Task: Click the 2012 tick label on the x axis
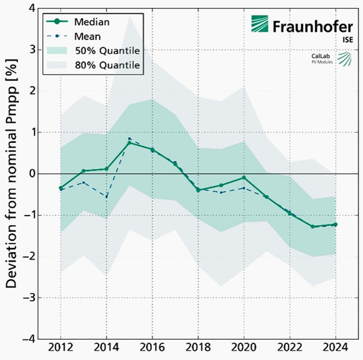point(61,349)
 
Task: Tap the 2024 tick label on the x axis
point(335,349)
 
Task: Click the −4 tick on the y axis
point(27,338)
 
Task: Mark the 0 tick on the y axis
point(30,173)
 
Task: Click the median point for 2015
point(130,143)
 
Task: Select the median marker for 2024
point(335,224)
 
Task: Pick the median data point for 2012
point(61,188)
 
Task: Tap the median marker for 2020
point(244,177)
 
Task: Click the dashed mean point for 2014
point(107,196)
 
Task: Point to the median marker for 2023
point(312,227)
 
